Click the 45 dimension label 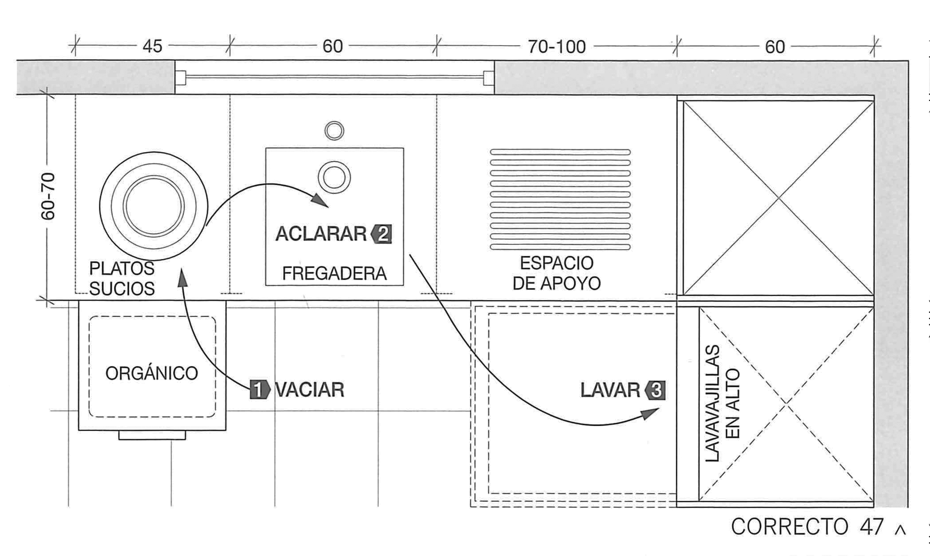[152, 47]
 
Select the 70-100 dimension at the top [557, 47]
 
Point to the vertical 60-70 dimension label [48, 196]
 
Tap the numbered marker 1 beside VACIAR [260, 390]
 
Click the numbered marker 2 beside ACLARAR [382, 235]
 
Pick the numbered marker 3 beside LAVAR [655, 390]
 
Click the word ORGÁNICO [152, 373]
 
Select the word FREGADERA [334, 274]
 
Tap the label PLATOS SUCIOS [122, 278]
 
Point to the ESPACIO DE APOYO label [557, 273]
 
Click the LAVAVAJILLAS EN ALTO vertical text [722, 403]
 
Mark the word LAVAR [610, 390]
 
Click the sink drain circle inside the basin [334, 177]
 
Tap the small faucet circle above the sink [334, 130]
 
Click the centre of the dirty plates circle [154, 206]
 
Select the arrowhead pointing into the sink [320, 200]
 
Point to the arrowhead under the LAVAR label [650, 413]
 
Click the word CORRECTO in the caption [790, 526]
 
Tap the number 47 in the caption [872, 526]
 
